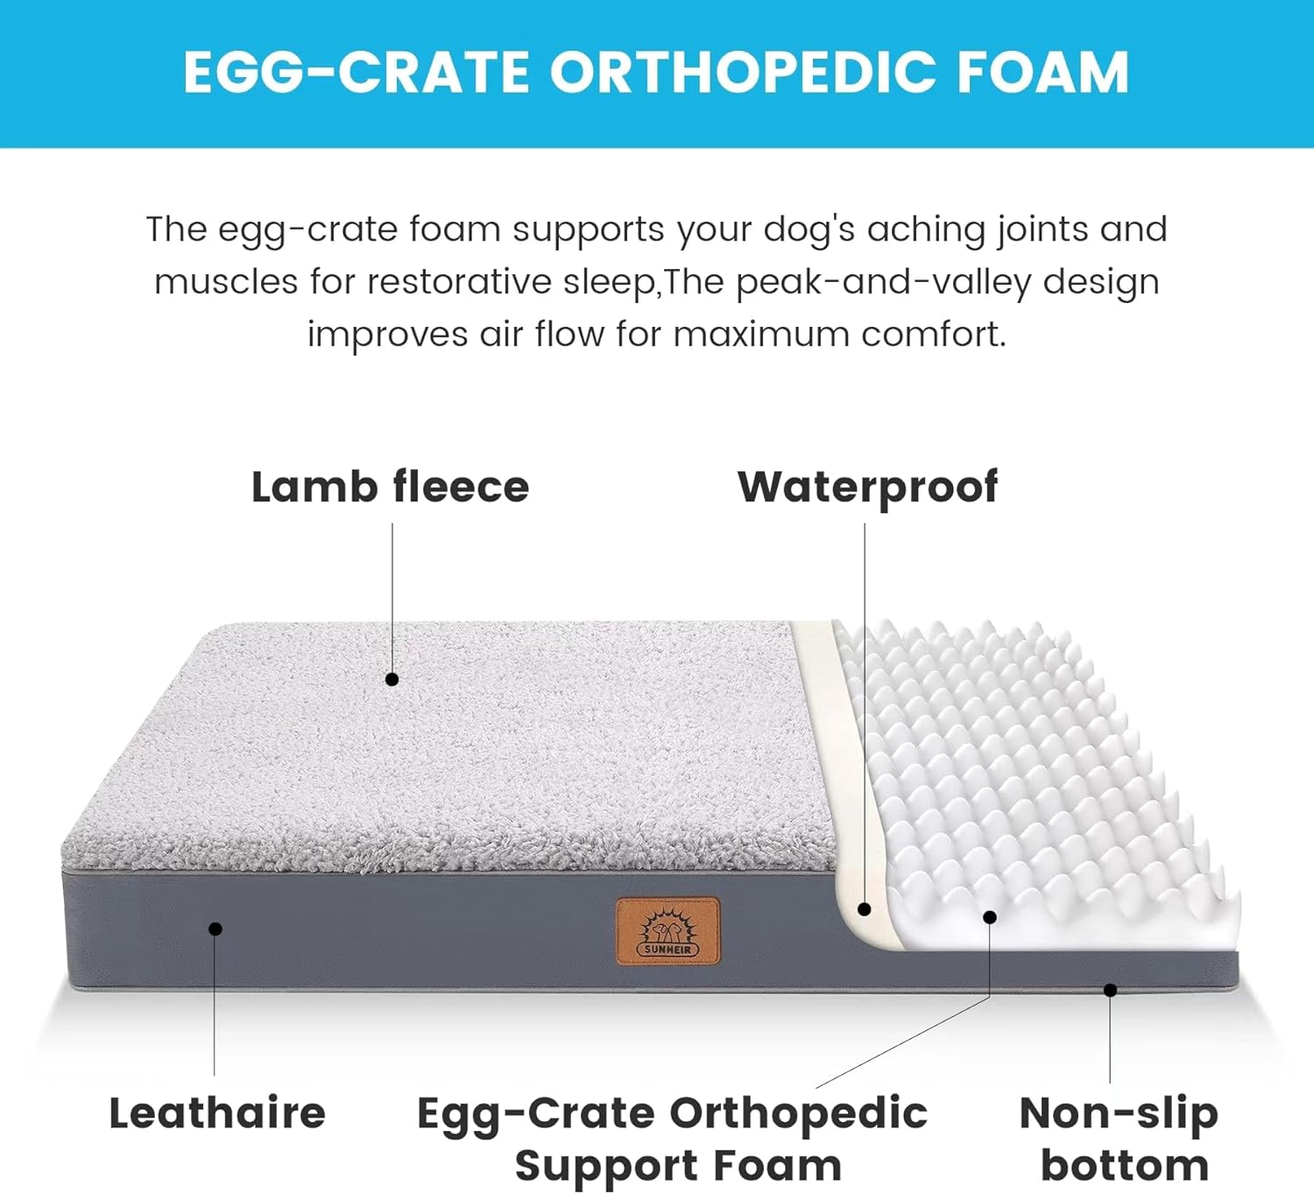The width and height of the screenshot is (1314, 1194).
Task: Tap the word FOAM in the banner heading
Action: pyautogui.click(x=1042, y=72)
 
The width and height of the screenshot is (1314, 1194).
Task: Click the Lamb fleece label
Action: pyautogui.click(x=390, y=487)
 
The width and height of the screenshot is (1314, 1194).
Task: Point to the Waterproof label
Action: pyautogui.click(x=867, y=487)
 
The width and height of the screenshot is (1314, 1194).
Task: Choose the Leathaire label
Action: pyautogui.click(x=217, y=1113)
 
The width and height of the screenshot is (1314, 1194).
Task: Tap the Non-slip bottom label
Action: pyautogui.click(x=1120, y=1139)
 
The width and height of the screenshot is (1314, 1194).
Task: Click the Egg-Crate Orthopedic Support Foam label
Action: pyautogui.click(x=673, y=1139)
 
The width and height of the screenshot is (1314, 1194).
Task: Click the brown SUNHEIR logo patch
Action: pyautogui.click(x=668, y=931)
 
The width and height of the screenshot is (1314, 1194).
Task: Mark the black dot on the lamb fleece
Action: pyautogui.click(x=392, y=679)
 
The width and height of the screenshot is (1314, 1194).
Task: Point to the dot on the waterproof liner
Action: pyautogui.click(x=865, y=909)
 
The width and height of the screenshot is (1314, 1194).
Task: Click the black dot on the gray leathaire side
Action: pyautogui.click(x=215, y=929)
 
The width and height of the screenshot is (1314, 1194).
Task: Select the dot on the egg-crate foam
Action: pyautogui.click(x=990, y=917)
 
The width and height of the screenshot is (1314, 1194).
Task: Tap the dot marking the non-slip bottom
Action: pyautogui.click(x=1110, y=990)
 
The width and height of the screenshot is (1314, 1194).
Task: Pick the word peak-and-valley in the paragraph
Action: pyautogui.click(x=883, y=282)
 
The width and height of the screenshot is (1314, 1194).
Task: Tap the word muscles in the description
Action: pyautogui.click(x=226, y=282)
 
